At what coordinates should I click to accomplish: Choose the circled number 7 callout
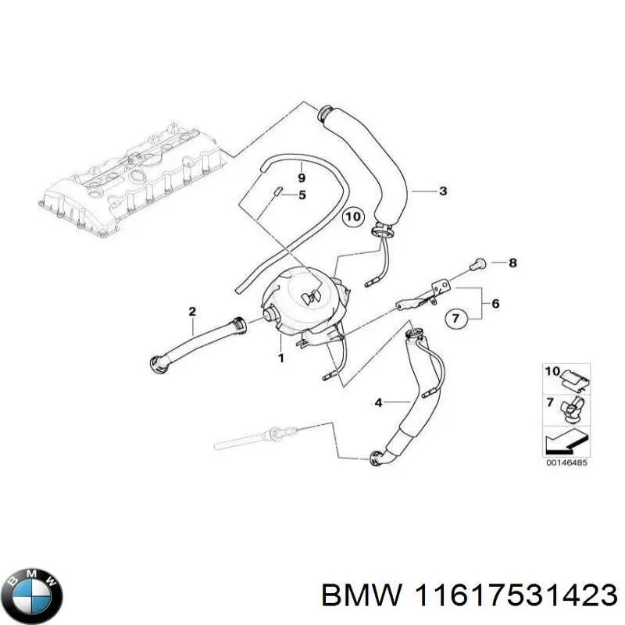pos(457,317)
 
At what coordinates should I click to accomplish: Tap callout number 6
pos(495,302)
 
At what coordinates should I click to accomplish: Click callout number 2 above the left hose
pos(191,312)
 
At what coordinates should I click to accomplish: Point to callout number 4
pos(378,403)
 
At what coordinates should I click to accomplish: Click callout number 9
pos(302,178)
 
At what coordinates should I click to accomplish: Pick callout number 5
pos(302,195)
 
